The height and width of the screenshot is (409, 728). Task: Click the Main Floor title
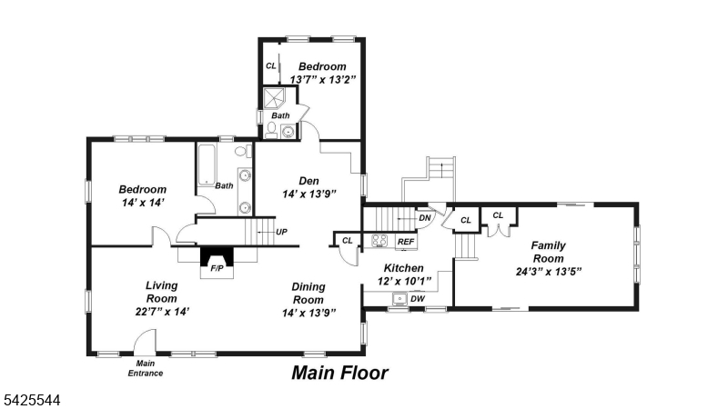pyautogui.click(x=339, y=373)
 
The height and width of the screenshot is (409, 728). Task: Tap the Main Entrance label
pyautogui.click(x=145, y=369)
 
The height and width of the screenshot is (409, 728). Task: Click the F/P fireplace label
pyautogui.click(x=217, y=269)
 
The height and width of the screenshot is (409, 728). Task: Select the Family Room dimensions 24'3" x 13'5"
pyautogui.click(x=549, y=271)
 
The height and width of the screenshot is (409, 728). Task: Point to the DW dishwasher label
pyautogui.click(x=418, y=298)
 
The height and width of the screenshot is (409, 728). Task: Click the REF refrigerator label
pyautogui.click(x=406, y=242)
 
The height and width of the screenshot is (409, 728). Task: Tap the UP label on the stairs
pyautogui.click(x=282, y=232)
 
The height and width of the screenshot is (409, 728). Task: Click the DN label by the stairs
pyautogui.click(x=424, y=217)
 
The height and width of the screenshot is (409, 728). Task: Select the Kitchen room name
pyautogui.click(x=403, y=268)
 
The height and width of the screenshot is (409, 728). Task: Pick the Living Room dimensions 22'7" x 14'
pyautogui.click(x=161, y=311)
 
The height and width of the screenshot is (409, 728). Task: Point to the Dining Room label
pyautogui.click(x=308, y=294)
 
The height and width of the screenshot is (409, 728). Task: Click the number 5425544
pyautogui.click(x=32, y=398)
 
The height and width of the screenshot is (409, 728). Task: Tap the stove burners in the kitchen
pyautogui.click(x=380, y=241)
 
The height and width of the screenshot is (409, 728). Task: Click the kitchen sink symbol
pyautogui.click(x=399, y=298)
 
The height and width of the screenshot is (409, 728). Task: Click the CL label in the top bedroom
pyautogui.click(x=270, y=66)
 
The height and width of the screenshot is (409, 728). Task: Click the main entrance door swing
pyautogui.click(x=145, y=343)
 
